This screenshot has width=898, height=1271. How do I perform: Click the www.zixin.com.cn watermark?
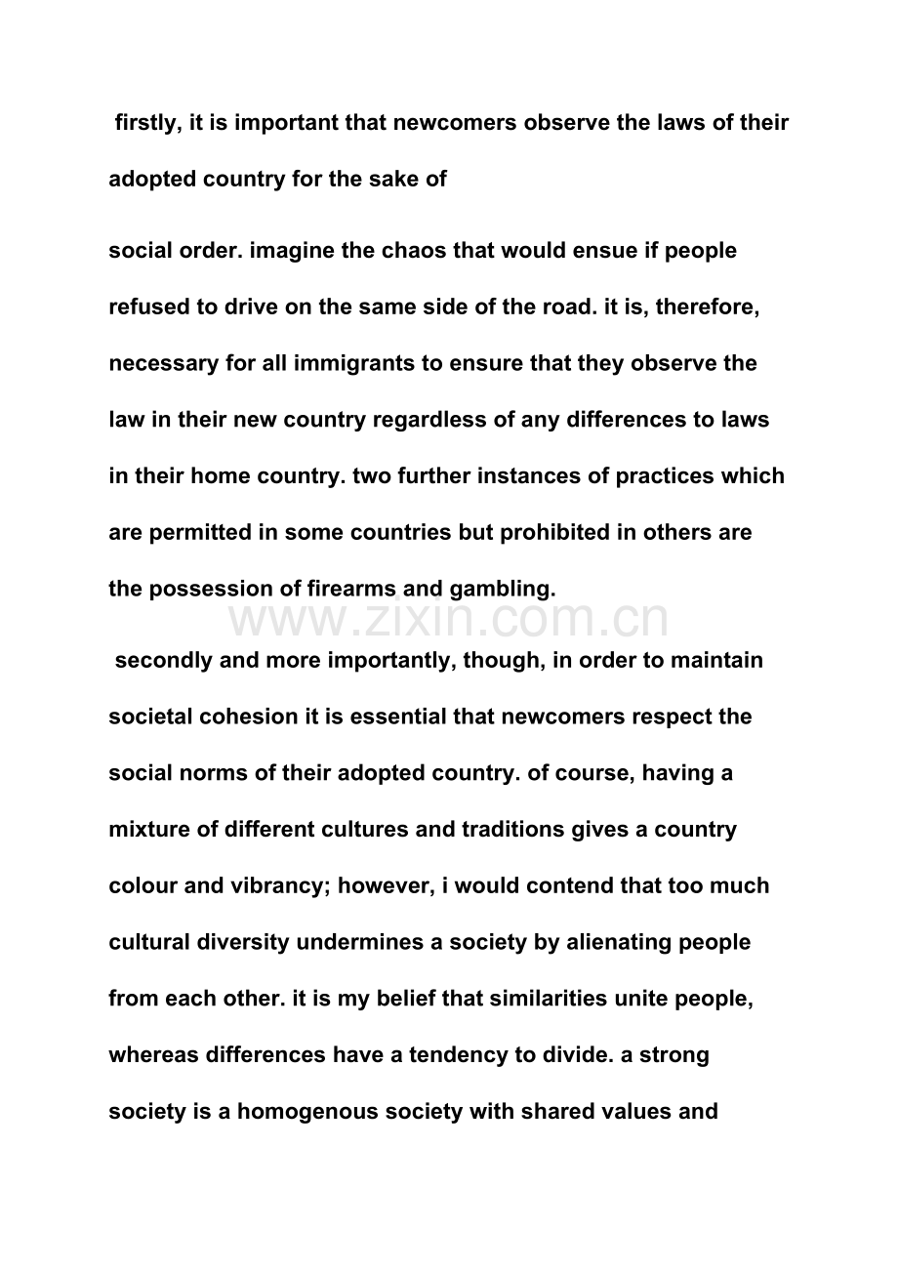pos(449,621)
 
